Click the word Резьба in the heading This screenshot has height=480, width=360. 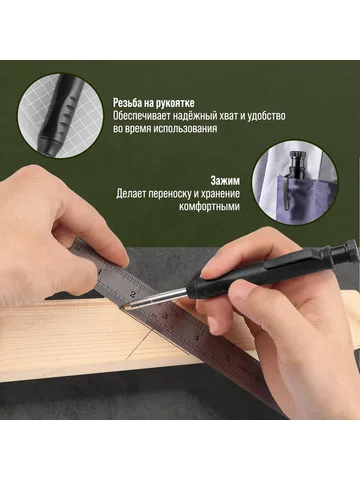pos(127,103)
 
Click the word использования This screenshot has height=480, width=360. pos(185,129)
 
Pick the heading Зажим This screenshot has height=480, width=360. pos(225,181)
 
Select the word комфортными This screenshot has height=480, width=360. pos(209,207)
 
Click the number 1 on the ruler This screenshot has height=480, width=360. pos(100,272)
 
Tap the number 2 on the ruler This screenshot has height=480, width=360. pos(133,294)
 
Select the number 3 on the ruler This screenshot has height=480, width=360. pos(165,316)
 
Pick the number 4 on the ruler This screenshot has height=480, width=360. pos(197,337)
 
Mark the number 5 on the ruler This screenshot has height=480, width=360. pos(229,359)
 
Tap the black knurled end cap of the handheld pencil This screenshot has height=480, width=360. pos(347,251)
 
